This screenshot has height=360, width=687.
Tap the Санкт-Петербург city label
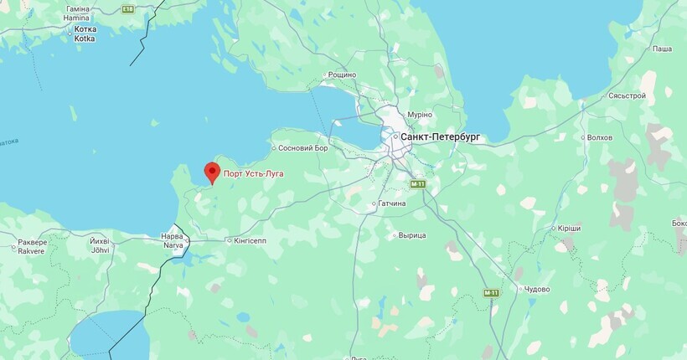tap(440, 136)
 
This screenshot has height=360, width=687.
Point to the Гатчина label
tap(391, 203)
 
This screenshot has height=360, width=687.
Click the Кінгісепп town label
tap(250, 240)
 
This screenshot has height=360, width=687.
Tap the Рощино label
tap(342, 75)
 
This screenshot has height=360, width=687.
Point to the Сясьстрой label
tap(627, 96)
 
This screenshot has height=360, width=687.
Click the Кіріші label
tap(568, 228)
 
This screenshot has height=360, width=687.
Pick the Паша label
tap(662, 49)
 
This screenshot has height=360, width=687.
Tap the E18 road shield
tap(127, 9)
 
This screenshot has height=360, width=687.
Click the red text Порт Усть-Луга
tap(253, 174)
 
